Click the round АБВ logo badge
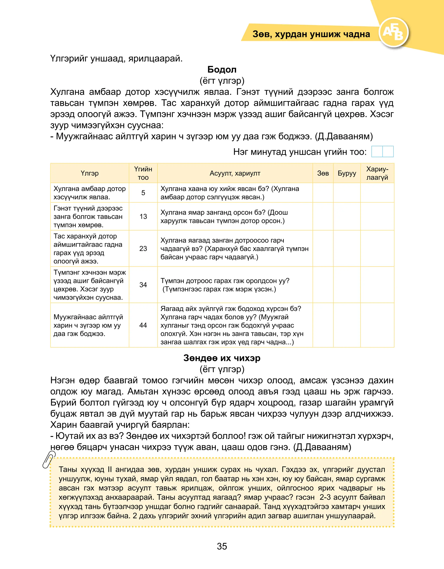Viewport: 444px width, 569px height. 393,33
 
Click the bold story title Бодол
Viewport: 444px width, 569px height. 222,70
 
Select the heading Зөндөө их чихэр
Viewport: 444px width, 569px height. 222,358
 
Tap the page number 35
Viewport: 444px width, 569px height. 222,546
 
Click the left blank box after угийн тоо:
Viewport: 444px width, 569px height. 377,152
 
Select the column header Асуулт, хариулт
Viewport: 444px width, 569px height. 235,173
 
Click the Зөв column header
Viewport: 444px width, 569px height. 323,173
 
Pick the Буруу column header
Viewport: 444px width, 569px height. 347,173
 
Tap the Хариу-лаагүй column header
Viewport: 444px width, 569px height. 377,173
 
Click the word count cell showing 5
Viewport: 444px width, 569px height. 143,193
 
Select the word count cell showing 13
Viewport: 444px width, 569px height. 143,216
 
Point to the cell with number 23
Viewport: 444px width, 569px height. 143,249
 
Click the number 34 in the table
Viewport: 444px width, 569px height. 143,285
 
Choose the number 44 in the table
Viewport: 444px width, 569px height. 143,325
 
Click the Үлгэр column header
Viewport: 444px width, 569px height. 90,173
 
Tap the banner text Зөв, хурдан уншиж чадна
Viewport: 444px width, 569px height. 311,34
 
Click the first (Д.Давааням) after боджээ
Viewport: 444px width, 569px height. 344,136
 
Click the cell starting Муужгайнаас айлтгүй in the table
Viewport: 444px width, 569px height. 88,325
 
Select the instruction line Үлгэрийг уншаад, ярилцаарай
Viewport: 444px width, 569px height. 116,59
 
